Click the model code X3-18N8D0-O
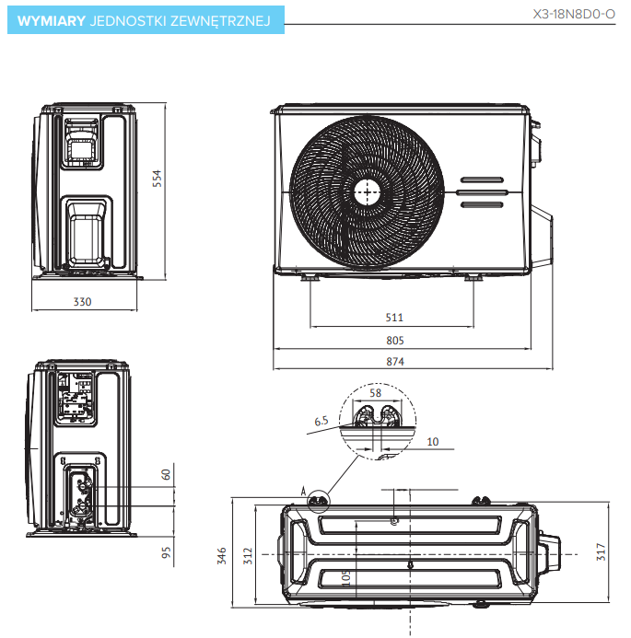point(574,15)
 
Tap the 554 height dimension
point(158,179)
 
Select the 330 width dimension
point(83,301)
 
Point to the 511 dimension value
point(394,318)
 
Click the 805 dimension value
point(395,340)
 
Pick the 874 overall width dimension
point(395,362)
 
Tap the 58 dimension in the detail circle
point(375,393)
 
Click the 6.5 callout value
point(321,421)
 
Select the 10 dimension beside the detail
point(432,441)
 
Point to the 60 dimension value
point(167,475)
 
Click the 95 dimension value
point(167,553)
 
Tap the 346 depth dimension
point(221,555)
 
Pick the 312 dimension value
point(246,557)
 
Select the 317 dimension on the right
point(602,552)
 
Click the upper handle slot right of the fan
point(482,180)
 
